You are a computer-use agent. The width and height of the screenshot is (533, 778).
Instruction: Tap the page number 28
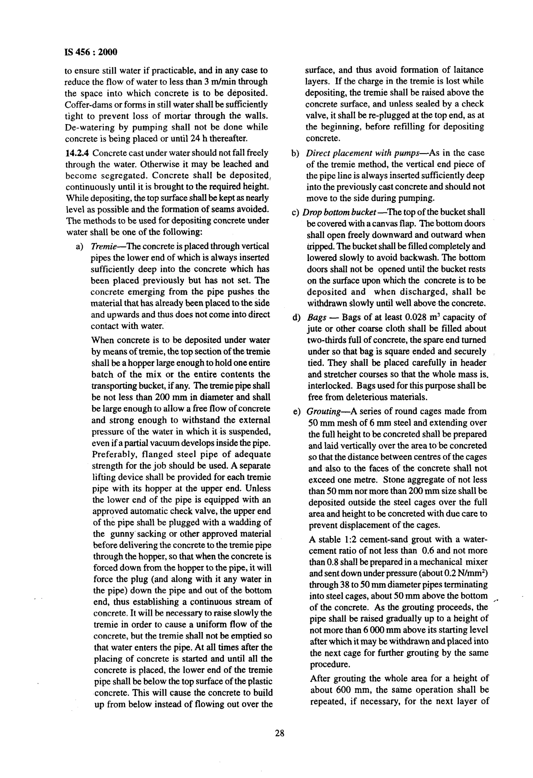point(280,733)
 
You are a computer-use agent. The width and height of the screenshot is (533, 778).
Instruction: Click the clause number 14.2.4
point(77,153)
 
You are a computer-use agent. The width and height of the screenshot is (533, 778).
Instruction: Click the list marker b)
point(295,153)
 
